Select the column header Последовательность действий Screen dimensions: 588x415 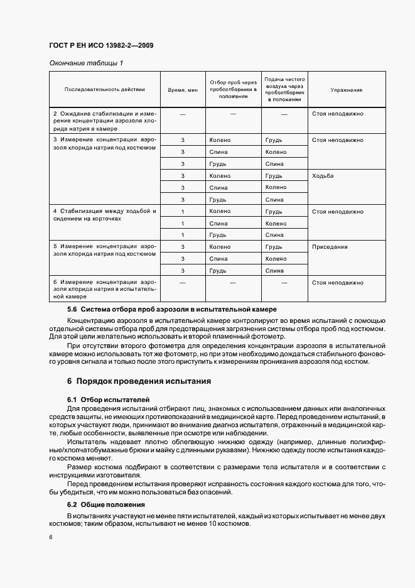point(104,90)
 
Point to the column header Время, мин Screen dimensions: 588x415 point(183,90)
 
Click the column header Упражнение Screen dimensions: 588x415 point(346,90)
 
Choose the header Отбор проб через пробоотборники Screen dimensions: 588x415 point(232,89)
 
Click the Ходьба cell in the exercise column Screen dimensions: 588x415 point(323,176)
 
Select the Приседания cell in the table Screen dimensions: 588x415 point(330,247)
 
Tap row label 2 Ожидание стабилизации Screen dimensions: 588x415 point(104,121)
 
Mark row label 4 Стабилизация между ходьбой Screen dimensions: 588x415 point(104,215)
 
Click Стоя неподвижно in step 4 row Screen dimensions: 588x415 point(337,212)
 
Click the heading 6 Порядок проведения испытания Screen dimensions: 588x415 point(139,381)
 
